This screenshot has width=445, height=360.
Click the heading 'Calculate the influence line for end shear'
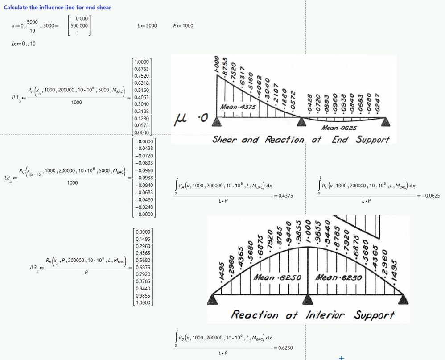58,7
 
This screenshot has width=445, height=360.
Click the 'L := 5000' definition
147,26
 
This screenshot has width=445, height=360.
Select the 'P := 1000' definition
183,26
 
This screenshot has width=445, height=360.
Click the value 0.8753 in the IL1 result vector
142,69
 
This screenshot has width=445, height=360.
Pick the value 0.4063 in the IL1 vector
142,96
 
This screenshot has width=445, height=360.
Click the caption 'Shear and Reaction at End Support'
301,139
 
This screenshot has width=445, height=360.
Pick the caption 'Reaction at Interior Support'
313,315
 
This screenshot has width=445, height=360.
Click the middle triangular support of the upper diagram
303,121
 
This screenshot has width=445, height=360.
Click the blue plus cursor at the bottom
342,357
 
